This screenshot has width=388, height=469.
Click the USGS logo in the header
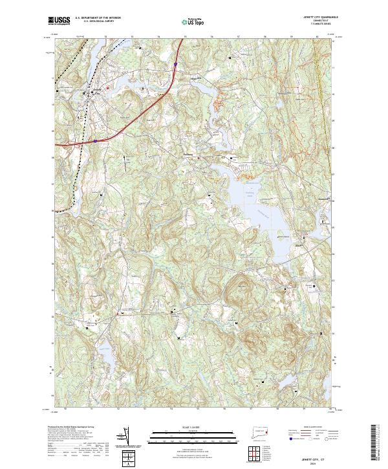pos(59,21)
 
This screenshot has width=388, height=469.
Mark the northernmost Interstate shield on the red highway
pos(175,64)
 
